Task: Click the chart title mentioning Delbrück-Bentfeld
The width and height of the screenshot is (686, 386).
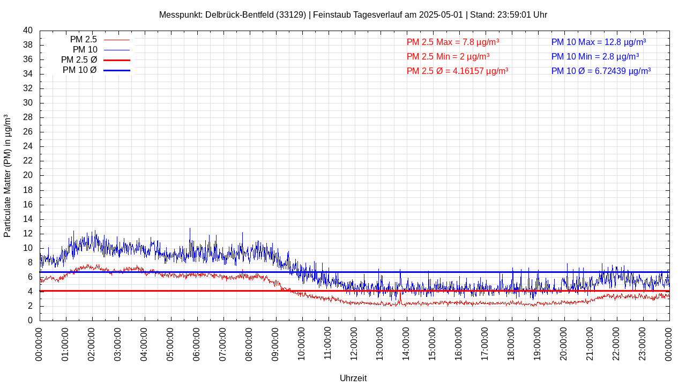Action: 353,15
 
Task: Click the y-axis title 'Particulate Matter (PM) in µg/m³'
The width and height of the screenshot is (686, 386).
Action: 8,176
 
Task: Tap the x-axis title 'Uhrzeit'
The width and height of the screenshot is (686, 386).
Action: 353,378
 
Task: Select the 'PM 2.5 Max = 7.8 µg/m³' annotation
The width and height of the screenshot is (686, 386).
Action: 453,42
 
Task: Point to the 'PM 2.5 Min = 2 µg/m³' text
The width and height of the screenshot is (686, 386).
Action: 448,56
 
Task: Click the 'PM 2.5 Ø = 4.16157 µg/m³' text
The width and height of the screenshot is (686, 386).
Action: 457,71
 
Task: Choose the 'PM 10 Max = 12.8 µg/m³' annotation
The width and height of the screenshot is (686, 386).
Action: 599,42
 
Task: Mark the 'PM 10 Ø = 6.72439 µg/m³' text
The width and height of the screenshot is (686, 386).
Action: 601,71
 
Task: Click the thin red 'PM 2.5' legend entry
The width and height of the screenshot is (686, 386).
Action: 100,40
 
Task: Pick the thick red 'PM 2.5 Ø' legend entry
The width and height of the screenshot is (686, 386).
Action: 95,60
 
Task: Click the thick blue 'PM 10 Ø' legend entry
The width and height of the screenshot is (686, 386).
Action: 96,70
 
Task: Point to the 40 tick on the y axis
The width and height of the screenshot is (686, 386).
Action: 28,31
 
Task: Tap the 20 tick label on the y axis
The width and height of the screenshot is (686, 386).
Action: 28,175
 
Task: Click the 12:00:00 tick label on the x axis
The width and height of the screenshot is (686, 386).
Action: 355,344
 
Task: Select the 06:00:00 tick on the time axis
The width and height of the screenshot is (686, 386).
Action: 197,344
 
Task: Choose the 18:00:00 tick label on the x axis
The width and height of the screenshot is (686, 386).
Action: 512,344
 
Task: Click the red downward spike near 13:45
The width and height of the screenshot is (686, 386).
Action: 400,298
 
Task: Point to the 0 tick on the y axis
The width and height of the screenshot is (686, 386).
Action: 30,321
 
